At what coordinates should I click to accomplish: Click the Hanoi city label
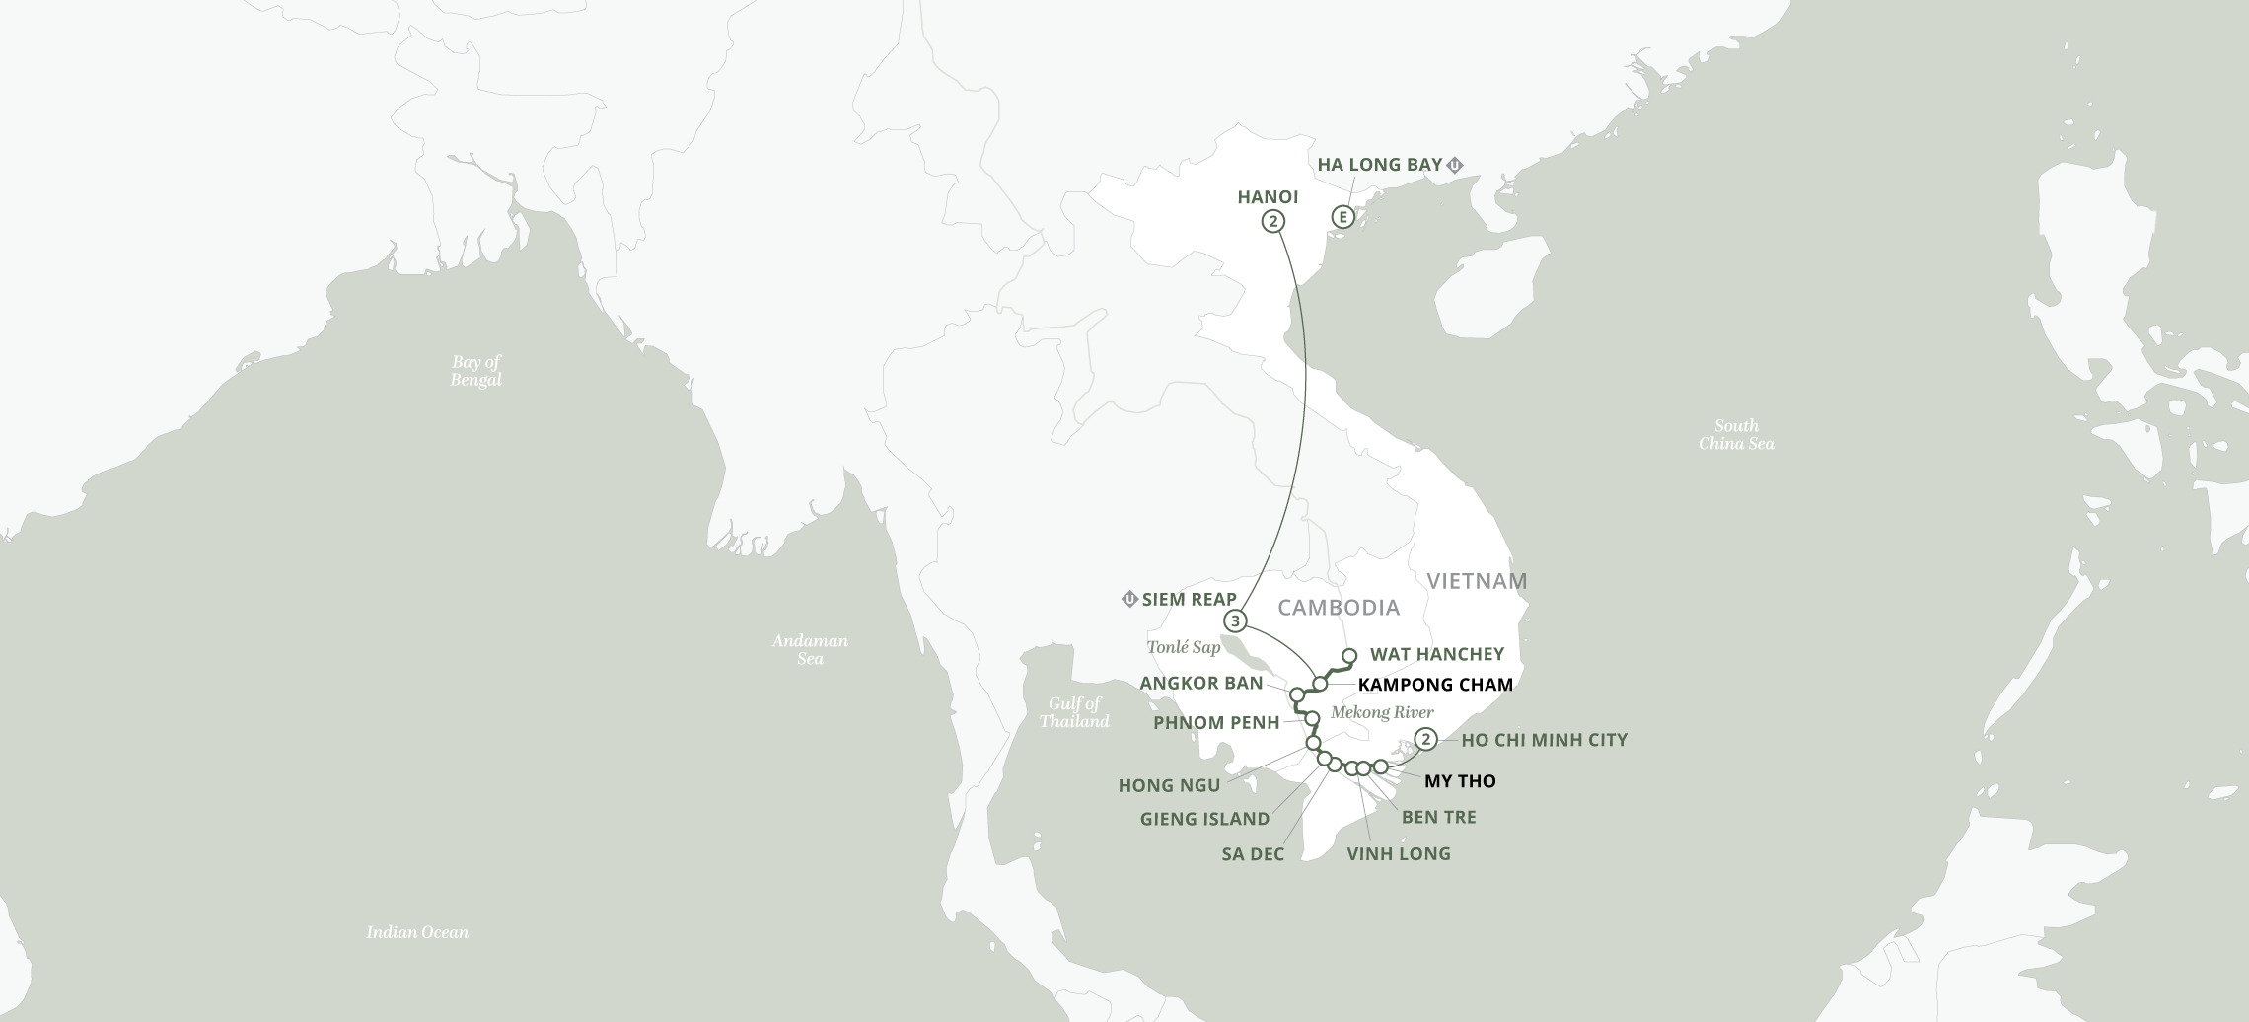[1268, 197]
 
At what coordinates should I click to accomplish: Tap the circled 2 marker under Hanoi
[1273, 222]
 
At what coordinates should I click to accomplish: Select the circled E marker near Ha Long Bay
[1342, 217]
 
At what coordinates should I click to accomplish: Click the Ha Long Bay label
[1380, 165]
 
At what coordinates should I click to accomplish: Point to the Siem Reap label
[1189, 599]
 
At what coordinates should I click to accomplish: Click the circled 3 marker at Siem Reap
[1235, 621]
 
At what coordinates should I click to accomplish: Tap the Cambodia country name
[1339, 607]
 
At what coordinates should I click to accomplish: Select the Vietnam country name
[1475, 581]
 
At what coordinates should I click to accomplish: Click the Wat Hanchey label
[1437, 654]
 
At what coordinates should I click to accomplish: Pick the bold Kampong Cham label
[1435, 684]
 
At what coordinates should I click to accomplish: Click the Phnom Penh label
[1216, 723]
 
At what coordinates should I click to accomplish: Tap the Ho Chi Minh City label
[1544, 740]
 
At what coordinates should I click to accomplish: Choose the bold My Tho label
[1460, 781]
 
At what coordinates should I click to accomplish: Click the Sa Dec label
[1253, 854]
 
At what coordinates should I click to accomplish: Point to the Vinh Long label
[1398, 854]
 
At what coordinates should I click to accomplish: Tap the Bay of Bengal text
[475, 371]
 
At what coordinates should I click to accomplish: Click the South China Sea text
[1736, 435]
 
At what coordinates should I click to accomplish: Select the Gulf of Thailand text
[1074, 712]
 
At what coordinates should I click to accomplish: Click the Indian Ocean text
[417, 932]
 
